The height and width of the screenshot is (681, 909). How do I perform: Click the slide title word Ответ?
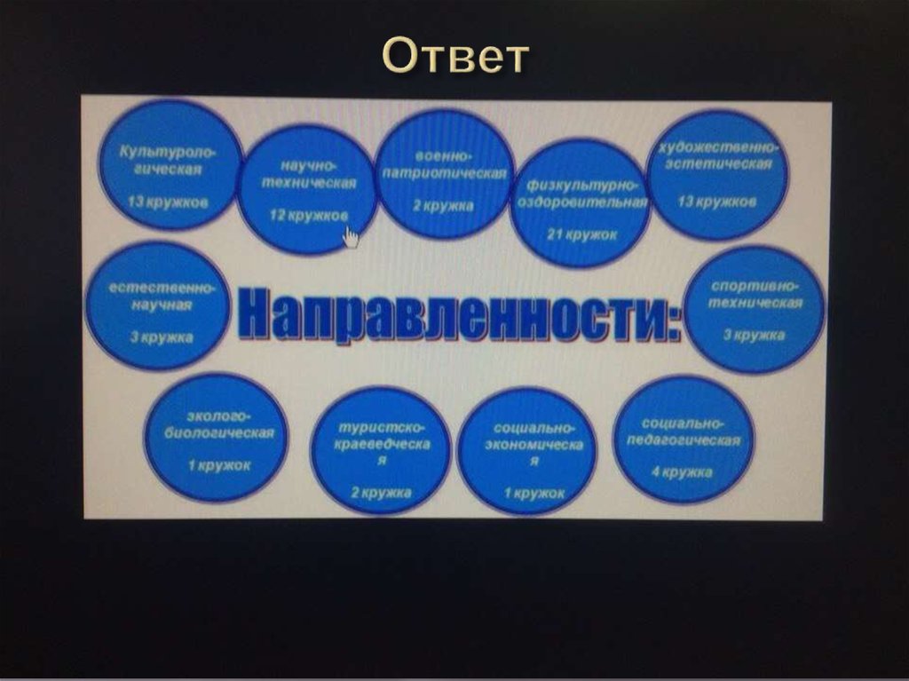[454, 56]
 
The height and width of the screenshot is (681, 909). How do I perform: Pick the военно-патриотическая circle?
[445, 173]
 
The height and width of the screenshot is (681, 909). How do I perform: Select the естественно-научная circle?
[157, 305]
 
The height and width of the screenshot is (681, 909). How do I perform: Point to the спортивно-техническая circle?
[755, 308]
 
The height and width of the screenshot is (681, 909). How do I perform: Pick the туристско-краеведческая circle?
[381, 451]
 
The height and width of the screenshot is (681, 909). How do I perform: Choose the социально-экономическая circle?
[527, 451]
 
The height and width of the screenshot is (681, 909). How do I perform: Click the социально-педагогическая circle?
[684, 439]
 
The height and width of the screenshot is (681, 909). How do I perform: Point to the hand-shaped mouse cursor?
[352, 237]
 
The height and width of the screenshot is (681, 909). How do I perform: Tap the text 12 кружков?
[309, 216]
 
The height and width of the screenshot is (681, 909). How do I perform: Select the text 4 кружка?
[682, 472]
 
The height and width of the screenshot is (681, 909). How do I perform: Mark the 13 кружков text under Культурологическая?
[168, 202]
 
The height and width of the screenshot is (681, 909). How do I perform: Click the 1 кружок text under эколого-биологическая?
[219, 465]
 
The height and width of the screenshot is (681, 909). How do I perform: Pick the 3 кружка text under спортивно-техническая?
[754, 336]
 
